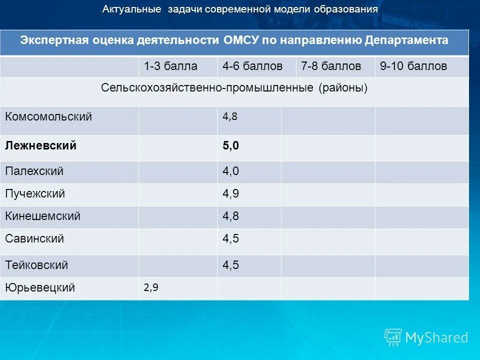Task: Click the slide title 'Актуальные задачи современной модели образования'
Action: (x=240, y=9)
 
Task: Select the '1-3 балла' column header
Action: (x=170, y=66)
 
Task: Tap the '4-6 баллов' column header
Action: (x=252, y=66)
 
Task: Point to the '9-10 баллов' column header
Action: (x=413, y=66)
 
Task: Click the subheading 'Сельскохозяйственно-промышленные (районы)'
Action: (x=234, y=88)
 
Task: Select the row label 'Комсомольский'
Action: (x=48, y=117)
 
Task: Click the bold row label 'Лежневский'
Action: (x=40, y=145)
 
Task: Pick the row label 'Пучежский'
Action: (x=35, y=193)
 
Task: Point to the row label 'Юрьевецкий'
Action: (x=40, y=287)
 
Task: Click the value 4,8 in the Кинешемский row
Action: (x=230, y=216)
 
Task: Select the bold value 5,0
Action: (x=230, y=146)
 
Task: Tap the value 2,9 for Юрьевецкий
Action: (x=150, y=287)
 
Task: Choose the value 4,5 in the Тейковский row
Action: (x=230, y=265)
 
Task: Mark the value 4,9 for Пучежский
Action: (x=230, y=194)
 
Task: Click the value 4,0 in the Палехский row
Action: (x=230, y=171)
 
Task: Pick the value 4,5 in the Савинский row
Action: (x=230, y=239)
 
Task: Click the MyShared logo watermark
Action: (x=426, y=337)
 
